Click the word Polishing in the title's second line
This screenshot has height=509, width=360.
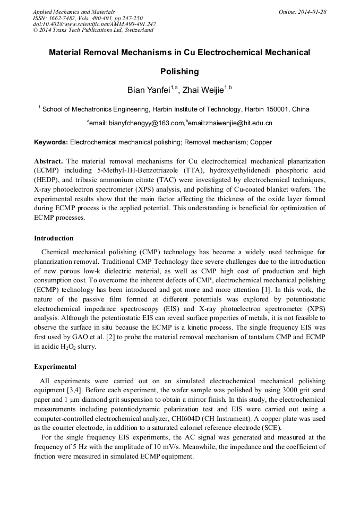pos(179,71)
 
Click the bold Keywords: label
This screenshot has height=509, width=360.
pos(51,143)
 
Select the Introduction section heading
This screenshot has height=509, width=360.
pos(54,238)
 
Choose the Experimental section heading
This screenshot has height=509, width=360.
pos(55,367)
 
